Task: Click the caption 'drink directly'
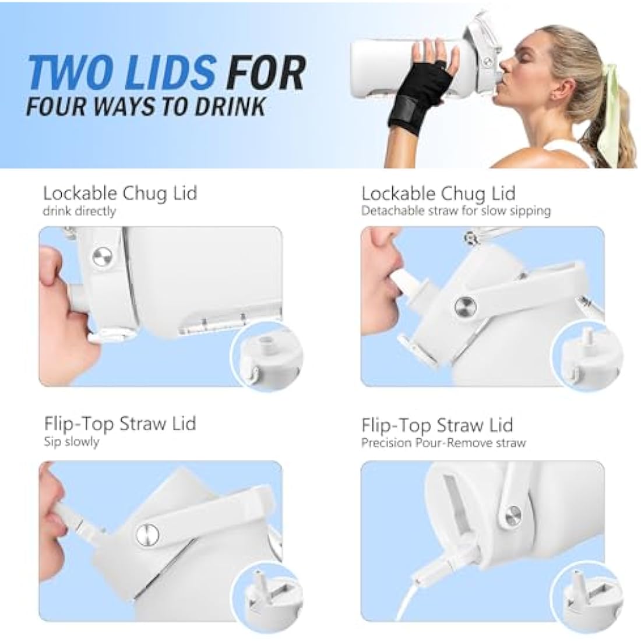pos(79,212)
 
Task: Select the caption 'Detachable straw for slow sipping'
pos(456,211)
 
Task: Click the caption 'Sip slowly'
pos(72,442)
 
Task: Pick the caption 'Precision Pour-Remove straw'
pos(443,443)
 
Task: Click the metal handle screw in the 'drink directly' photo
pos(102,257)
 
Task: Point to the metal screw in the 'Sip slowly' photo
pos(147,535)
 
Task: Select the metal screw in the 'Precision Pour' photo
pos(513,516)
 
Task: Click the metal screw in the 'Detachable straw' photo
pos(466,306)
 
